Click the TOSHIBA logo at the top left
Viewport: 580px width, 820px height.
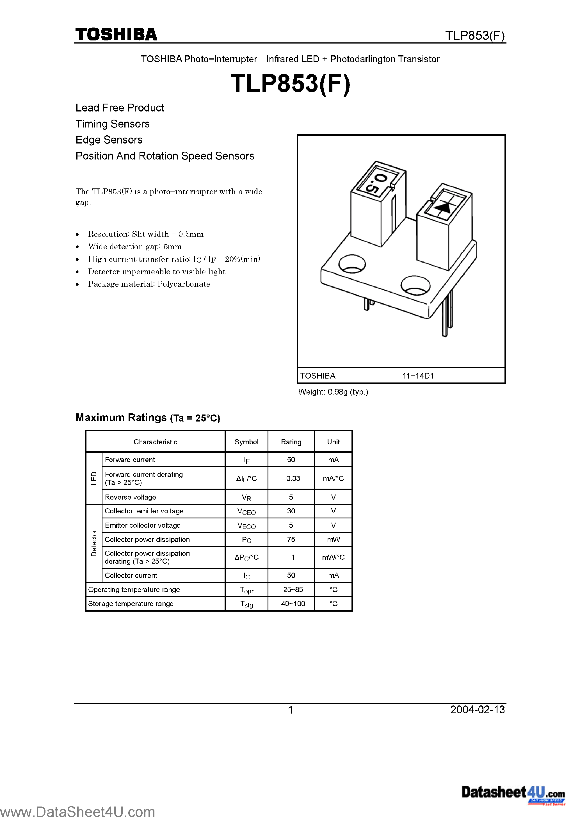[x=116, y=34]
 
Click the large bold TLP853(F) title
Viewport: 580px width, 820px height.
[x=290, y=84]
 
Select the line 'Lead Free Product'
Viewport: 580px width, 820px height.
[x=120, y=108]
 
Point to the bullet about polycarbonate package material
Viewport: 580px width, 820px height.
[x=149, y=284]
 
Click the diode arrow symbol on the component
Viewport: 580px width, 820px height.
[x=444, y=207]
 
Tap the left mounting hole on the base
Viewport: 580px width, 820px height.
[x=352, y=264]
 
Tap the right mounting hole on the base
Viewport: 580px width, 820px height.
[x=415, y=285]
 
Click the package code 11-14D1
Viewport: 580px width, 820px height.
[x=418, y=376]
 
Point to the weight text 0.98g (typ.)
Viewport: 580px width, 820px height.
[x=333, y=392]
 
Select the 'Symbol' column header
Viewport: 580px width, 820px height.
[x=246, y=442]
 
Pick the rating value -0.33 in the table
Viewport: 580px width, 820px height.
[x=291, y=478]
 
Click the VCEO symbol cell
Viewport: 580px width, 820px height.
[x=246, y=511]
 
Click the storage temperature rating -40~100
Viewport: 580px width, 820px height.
[x=291, y=603]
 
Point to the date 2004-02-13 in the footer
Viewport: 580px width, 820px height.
[x=478, y=710]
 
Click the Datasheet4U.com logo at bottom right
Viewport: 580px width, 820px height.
[x=513, y=793]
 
